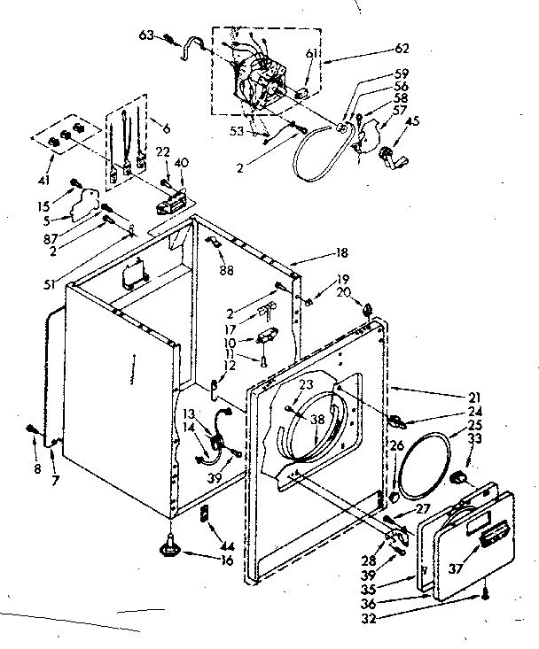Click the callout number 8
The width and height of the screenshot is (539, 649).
pos(37,468)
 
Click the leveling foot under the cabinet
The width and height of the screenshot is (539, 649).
pos(168,549)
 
